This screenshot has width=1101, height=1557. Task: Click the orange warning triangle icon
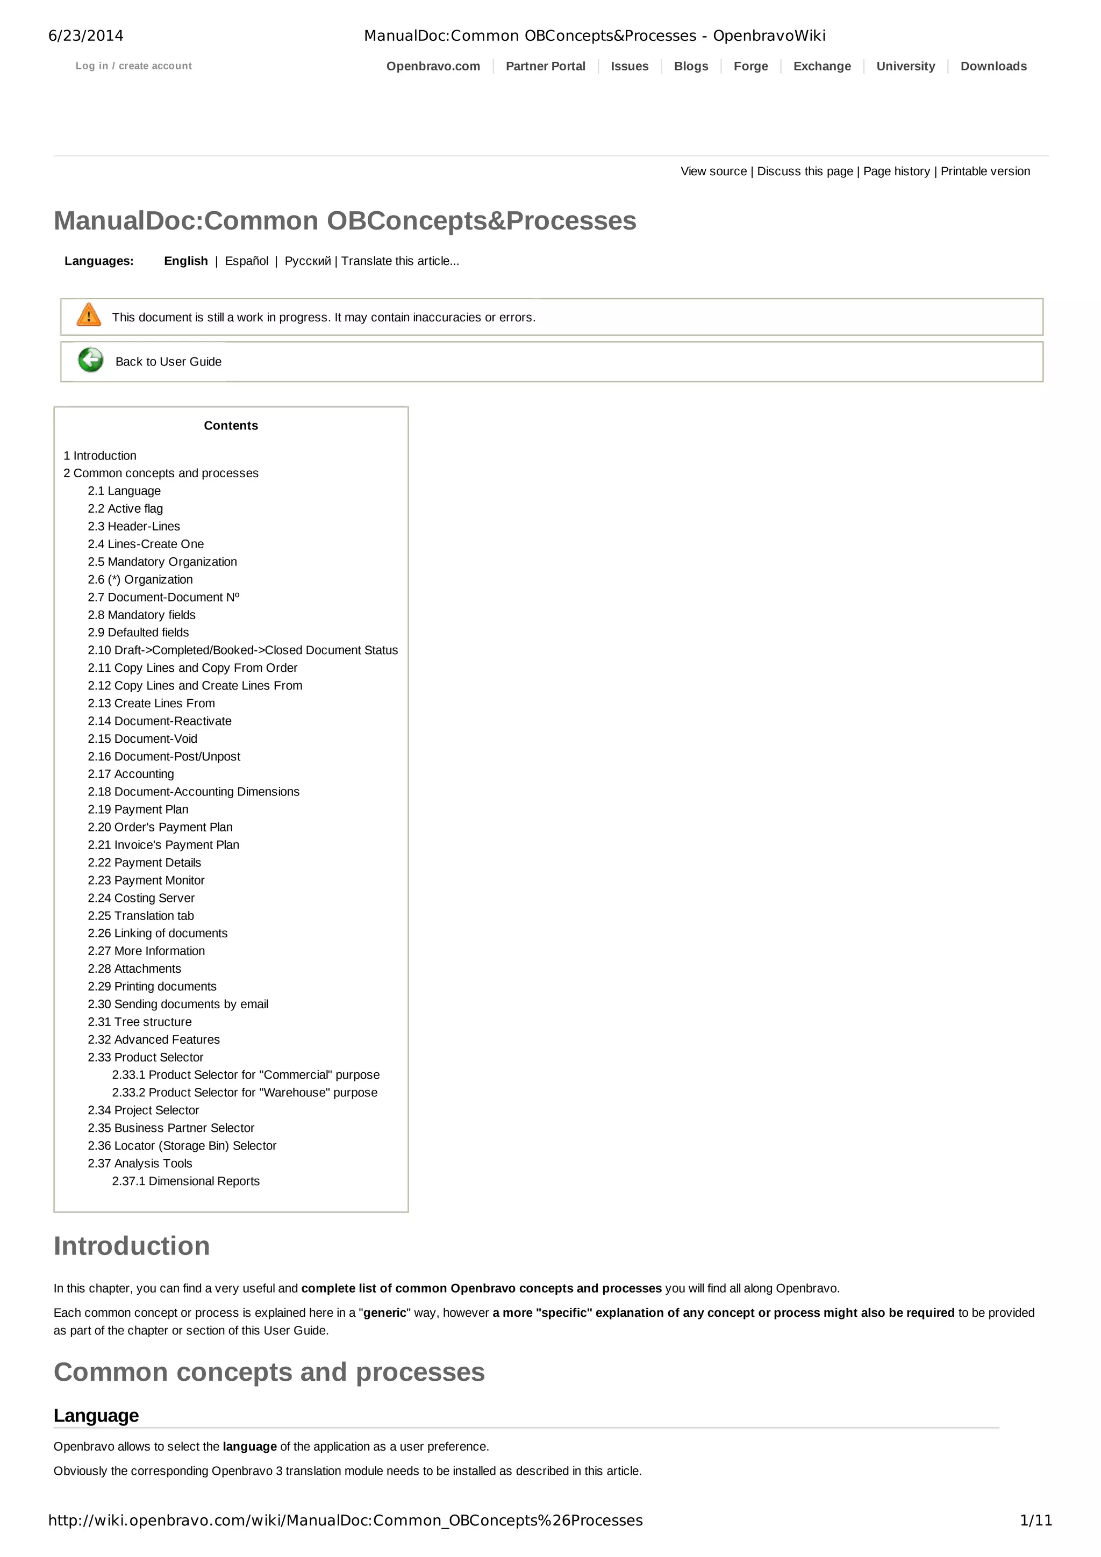[89, 315]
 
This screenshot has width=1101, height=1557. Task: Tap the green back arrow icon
[90, 360]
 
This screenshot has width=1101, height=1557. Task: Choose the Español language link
[246, 261]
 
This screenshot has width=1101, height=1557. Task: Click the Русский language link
[308, 261]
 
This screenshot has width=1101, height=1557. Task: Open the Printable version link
[985, 171]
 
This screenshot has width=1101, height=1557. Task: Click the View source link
[713, 171]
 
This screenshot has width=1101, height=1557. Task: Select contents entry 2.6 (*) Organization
[140, 580]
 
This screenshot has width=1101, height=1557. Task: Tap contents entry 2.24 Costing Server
[140, 899]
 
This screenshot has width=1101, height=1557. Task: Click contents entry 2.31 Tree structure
[139, 1022]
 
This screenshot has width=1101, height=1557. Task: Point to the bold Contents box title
[231, 426]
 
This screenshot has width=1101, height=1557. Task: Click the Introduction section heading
[132, 1246]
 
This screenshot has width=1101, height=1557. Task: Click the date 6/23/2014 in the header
[86, 36]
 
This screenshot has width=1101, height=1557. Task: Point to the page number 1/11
[1036, 1521]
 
